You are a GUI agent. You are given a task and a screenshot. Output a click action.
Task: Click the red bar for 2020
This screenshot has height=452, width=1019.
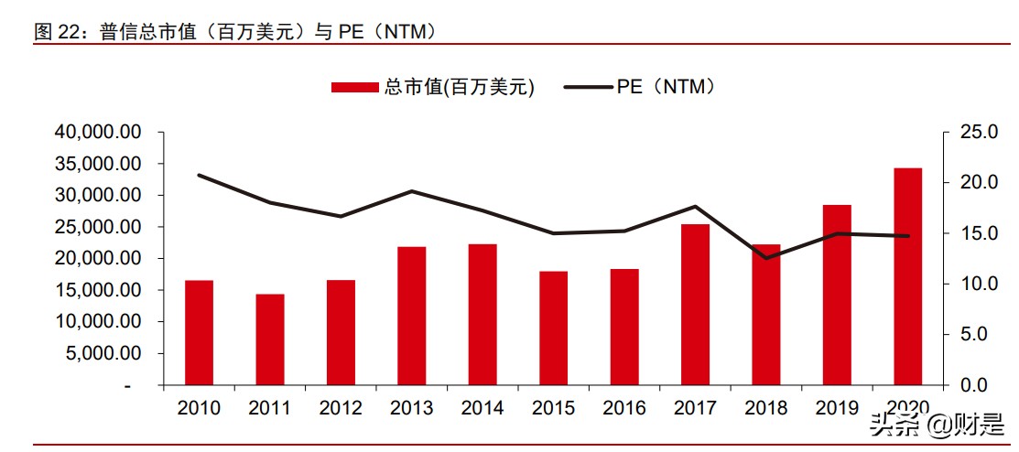coord(907,276)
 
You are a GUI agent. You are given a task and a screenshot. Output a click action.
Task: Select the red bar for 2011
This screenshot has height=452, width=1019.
coord(269,339)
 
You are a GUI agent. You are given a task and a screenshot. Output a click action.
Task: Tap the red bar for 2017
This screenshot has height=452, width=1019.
coord(695,304)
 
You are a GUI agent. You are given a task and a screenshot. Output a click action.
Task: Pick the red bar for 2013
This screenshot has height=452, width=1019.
coord(411,316)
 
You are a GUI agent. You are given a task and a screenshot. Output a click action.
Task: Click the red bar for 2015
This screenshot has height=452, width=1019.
coord(553,328)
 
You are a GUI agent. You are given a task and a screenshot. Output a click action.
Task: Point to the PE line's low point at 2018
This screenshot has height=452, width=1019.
coord(765,258)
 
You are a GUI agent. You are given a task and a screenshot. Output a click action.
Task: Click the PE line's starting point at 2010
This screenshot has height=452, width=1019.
coord(199,175)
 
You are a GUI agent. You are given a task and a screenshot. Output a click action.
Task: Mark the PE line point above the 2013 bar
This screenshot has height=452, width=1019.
coord(411,191)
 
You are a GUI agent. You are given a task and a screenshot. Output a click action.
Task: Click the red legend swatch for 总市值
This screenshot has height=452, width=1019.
coord(354,87)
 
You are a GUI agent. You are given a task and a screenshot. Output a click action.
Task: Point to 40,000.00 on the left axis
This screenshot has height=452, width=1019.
coord(98,133)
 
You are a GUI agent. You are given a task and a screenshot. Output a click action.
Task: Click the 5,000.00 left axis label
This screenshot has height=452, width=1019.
coord(103,353)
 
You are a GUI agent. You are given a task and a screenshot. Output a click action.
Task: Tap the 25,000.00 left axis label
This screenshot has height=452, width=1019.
coord(98,227)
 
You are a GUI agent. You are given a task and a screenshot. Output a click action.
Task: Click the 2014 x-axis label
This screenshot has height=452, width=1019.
coord(482,408)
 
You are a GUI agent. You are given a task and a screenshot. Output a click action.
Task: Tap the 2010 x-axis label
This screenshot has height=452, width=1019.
coord(199,408)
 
